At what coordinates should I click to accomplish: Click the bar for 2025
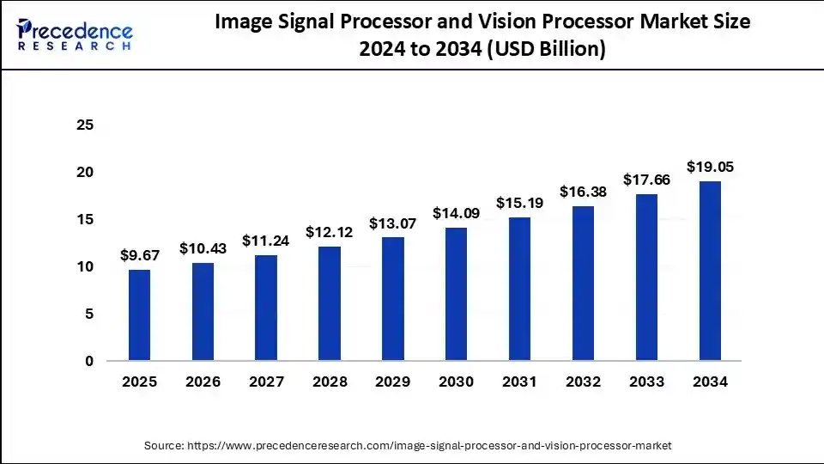(x=139, y=315)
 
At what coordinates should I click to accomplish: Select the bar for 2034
(x=710, y=271)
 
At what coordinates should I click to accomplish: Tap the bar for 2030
(x=456, y=294)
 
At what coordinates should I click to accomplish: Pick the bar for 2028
(x=330, y=303)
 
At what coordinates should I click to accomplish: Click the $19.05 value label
(x=710, y=167)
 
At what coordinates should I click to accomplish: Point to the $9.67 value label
(x=139, y=255)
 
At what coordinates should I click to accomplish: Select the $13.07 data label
(x=392, y=223)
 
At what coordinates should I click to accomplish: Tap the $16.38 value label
(x=583, y=192)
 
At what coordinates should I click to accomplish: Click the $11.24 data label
(x=265, y=241)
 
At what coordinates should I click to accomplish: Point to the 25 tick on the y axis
(x=84, y=125)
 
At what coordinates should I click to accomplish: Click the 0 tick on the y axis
(x=88, y=362)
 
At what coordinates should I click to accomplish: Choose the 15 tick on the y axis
(x=84, y=220)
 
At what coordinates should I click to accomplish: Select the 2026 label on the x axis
(x=203, y=382)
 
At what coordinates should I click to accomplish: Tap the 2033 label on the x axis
(x=646, y=382)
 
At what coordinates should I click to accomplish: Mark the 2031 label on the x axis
(x=519, y=382)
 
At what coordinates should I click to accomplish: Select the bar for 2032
(x=583, y=283)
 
